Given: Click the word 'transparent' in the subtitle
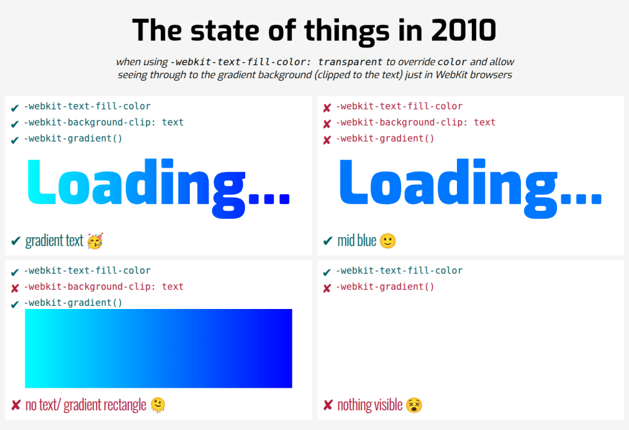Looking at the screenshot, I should pos(350,62).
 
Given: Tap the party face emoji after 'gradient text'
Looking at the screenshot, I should pos(95,241).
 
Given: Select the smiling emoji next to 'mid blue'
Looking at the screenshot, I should pos(388,241).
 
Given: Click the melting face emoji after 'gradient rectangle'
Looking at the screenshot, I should pos(158,405).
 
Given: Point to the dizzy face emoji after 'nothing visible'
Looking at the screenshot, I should pos(414,405).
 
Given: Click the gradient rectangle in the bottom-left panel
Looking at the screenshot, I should pos(158,348).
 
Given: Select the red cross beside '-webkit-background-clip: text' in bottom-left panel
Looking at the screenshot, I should pos(15,287).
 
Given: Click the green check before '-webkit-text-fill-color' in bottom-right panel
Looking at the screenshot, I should pos(327,272).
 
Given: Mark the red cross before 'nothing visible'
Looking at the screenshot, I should pos(327,405).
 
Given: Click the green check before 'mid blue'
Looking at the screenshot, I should pos(327,241).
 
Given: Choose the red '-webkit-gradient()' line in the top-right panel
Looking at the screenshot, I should pos(385,138).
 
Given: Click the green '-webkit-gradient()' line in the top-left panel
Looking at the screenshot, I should pos(72,138).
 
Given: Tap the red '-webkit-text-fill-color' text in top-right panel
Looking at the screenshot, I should pos(399,106).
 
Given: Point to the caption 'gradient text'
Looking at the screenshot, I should pos(54,241).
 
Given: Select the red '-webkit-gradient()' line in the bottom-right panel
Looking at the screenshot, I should pos(385,287).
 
